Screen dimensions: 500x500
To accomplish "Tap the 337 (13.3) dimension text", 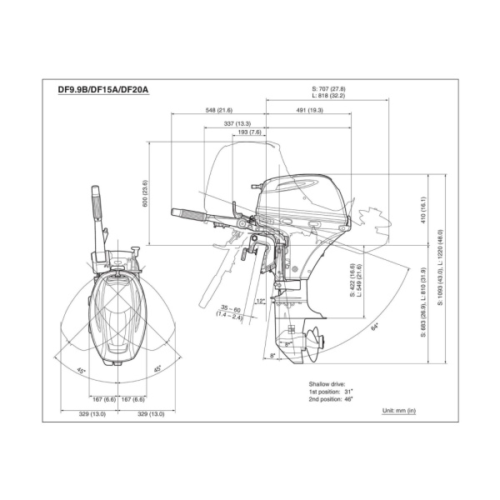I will [x=237, y=123].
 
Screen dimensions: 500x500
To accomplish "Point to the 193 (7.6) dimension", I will [x=249, y=132].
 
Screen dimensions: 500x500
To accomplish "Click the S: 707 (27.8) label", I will [x=328, y=88].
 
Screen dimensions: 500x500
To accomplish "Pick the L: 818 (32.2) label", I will [x=328, y=97].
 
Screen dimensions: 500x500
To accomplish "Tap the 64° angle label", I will [x=376, y=327].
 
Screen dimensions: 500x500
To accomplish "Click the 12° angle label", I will [x=260, y=302].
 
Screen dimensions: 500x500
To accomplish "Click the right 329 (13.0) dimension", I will [x=150, y=413].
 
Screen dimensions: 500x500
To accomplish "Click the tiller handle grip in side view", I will [x=189, y=216].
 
